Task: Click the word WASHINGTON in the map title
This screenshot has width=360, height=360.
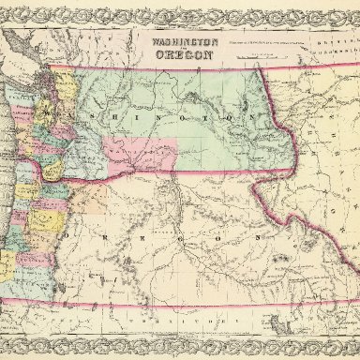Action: (178, 41)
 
